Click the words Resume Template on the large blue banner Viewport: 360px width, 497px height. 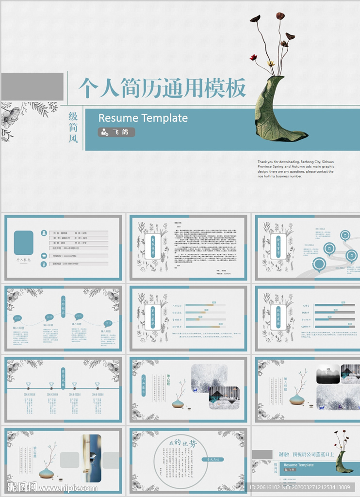[143, 118]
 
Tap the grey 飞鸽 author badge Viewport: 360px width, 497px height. [116, 132]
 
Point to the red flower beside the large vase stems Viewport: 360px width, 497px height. [253, 57]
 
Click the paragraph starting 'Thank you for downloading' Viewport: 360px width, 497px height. [295, 169]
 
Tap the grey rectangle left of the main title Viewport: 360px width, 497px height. [32, 87]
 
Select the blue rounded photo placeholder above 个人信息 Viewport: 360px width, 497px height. [24, 242]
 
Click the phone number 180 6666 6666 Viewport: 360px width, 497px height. [64, 264]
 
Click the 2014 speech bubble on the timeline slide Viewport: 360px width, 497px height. [17, 318]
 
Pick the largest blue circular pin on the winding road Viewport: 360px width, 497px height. [319, 264]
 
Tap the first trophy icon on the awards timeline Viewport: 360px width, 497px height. [29, 384]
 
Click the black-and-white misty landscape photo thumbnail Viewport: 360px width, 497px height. [328, 374]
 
